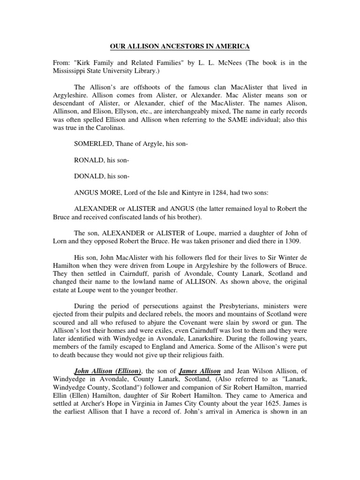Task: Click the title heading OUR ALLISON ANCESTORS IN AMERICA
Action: point(180,46)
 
